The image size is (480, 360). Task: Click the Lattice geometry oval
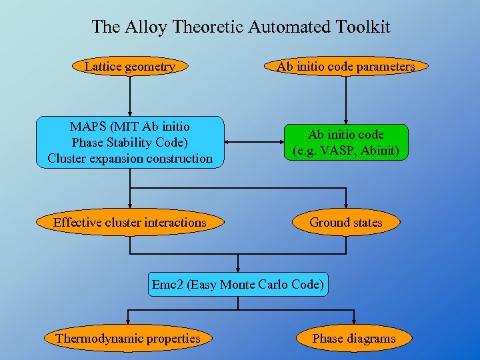tap(129, 66)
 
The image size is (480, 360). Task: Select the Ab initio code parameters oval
tap(345, 66)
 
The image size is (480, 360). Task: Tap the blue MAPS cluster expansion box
tap(129, 143)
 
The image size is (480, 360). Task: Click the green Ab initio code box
tap(345, 143)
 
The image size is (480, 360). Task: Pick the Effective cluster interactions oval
tap(129, 223)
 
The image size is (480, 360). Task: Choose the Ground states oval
tap(345, 223)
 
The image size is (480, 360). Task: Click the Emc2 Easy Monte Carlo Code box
tap(238, 285)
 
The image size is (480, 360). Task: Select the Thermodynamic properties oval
tap(127, 338)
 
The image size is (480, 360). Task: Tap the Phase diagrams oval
tap(353, 338)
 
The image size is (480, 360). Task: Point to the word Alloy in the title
tap(144, 27)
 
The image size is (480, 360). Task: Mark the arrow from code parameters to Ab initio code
tap(345, 97)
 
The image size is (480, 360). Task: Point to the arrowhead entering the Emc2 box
tap(238, 267)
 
